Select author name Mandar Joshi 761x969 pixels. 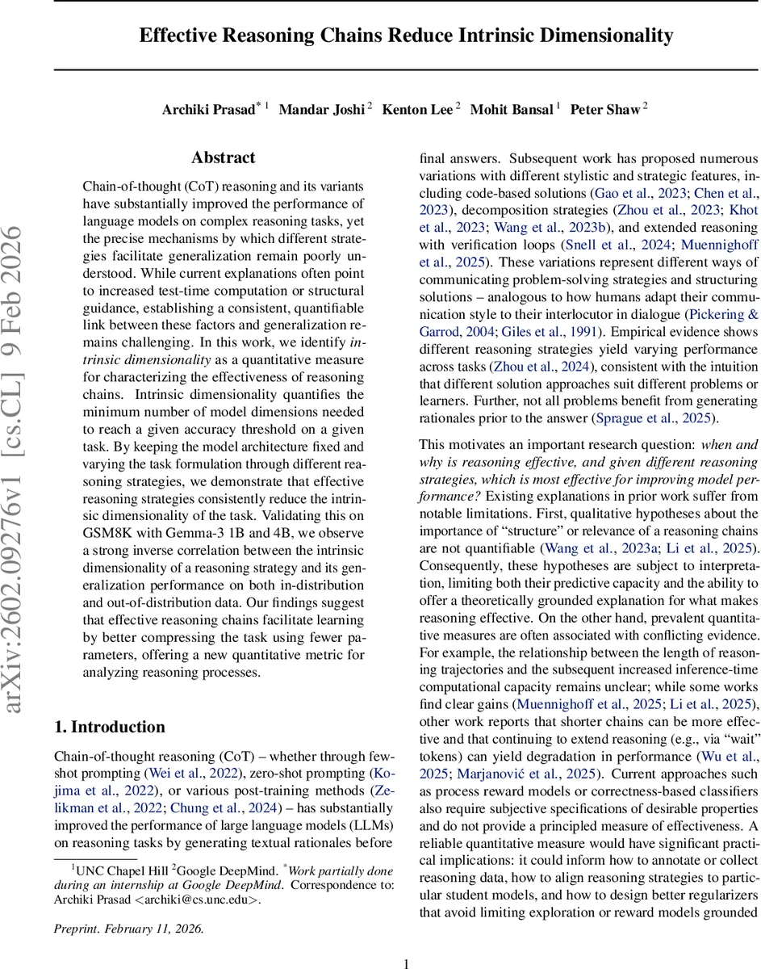[x=321, y=110]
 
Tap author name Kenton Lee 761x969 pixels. [x=416, y=110]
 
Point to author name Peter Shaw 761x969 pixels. [x=604, y=110]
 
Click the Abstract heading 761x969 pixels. [x=223, y=157]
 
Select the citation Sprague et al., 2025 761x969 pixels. [x=651, y=418]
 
